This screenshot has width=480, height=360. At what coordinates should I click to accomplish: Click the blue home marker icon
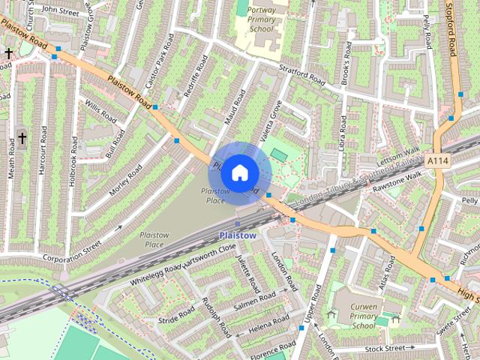[238, 172]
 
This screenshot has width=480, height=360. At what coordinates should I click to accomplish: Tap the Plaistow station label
[238, 235]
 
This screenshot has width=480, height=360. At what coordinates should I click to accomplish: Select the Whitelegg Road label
[155, 274]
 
